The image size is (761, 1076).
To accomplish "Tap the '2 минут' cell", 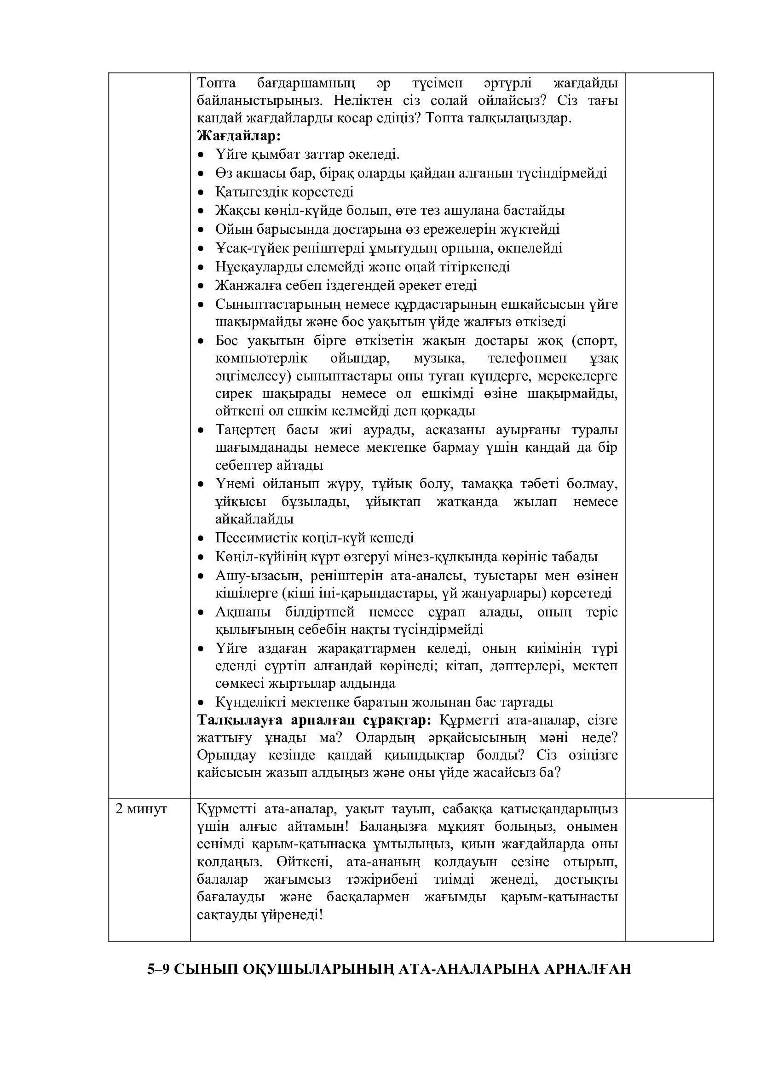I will pyautogui.click(x=141, y=809).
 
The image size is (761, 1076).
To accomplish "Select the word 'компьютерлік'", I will pyautogui.click(x=261, y=358).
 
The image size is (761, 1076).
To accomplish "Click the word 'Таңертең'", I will pyautogui.click(x=245, y=430).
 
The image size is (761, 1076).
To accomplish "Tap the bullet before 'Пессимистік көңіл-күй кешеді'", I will pyautogui.click(x=202, y=539).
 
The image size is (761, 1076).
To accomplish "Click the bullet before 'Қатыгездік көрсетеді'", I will pyautogui.click(x=202, y=193).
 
